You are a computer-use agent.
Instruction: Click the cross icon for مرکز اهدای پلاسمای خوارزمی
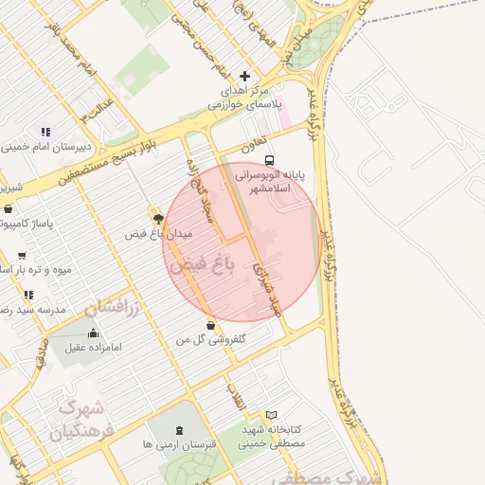coord(245,76)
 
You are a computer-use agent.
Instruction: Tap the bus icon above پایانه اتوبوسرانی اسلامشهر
coord(269,160)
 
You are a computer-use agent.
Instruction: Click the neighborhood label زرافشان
coord(111,307)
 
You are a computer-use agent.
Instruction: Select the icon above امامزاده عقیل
coord(93,332)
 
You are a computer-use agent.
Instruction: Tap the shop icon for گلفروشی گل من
coord(209,326)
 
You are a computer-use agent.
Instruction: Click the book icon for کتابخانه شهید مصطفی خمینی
coord(271,414)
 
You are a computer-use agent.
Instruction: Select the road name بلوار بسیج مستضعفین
coord(104,157)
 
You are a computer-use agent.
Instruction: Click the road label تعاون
coord(248,147)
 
